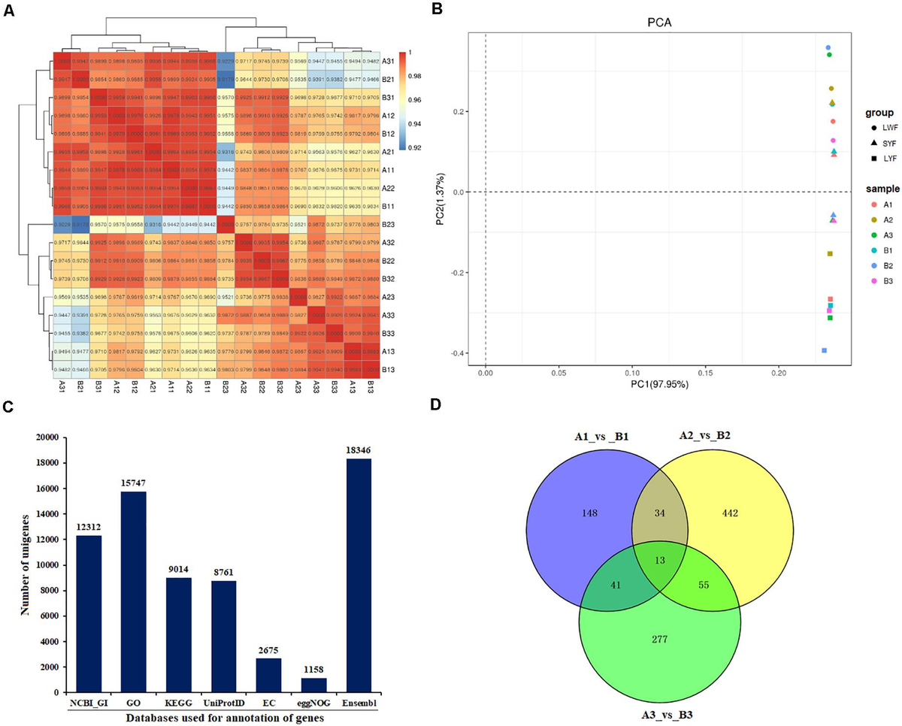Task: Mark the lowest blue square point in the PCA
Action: point(824,350)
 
